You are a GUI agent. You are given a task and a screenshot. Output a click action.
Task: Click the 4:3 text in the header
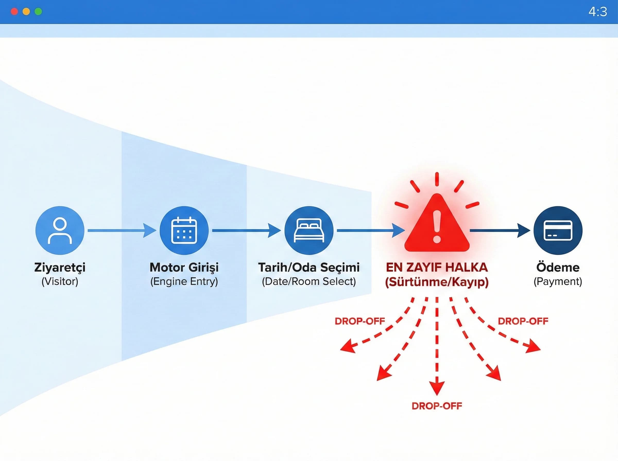(x=598, y=12)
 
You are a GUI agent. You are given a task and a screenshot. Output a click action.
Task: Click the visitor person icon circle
(x=60, y=230)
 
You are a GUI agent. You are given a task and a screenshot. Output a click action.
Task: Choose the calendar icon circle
(x=184, y=230)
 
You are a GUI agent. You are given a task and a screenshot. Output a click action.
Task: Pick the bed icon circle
(x=309, y=230)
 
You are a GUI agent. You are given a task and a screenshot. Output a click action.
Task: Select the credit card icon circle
(x=558, y=230)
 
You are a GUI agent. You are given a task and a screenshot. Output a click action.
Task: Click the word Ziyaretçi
(x=60, y=267)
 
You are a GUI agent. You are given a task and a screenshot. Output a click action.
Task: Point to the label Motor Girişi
(x=184, y=267)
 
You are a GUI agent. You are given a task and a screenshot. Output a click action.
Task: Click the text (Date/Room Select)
(x=309, y=281)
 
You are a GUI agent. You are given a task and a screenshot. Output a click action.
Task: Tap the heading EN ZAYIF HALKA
(x=437, y=267)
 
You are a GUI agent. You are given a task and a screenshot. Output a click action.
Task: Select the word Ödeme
(x=558, y=267)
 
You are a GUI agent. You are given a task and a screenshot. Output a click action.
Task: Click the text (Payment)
(x=558, y=281)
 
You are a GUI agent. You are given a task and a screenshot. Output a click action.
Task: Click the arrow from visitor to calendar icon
(x=122, y=230)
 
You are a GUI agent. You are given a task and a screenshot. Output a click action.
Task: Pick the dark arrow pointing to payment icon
(x=500, y=230)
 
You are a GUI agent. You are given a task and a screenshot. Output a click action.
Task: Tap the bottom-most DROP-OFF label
(x=437, y=406)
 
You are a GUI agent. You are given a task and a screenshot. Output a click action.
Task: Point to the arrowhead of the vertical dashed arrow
(x=437, y=389)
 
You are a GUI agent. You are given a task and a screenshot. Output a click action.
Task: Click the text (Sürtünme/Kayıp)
(x=437, y=282)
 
